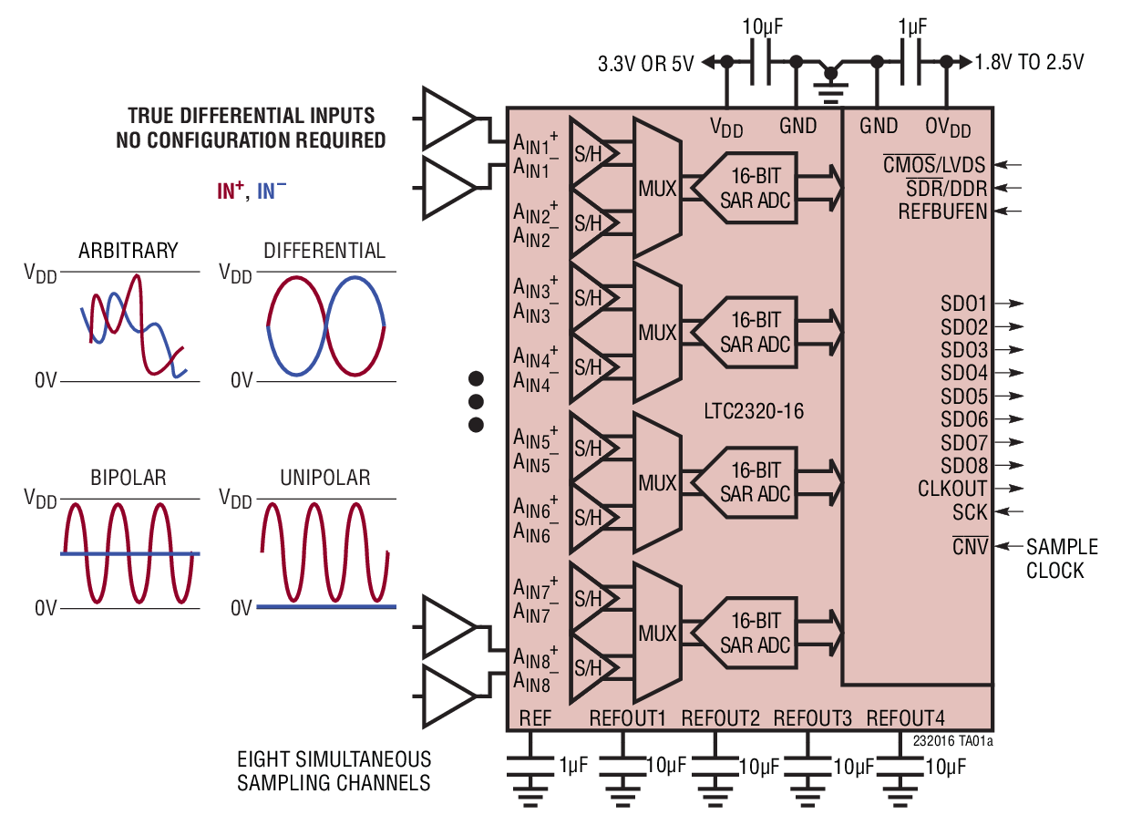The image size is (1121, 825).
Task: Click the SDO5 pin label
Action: click(964, 397)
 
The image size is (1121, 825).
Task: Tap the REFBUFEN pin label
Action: click(942, 211)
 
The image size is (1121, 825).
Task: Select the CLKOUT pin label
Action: click(952, 490)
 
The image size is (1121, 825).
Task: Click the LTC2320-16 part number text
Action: click(753, 411)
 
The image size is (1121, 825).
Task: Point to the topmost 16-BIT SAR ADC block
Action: click(746, 188)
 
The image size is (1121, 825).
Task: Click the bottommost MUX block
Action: click(657, 633)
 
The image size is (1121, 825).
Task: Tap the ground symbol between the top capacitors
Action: click(830, 81)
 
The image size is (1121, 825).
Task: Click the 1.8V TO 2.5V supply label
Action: click(1029, 63)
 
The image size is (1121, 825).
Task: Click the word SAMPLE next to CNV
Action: click(1062, 547)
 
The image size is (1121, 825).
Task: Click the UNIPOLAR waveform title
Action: click(324, 478)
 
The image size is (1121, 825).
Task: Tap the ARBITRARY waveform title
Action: click(129, 251)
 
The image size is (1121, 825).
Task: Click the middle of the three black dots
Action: click(475, 401)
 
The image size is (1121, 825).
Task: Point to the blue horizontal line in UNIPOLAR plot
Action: click(326, 606)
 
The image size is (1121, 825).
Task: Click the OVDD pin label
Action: click(948, 126)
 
